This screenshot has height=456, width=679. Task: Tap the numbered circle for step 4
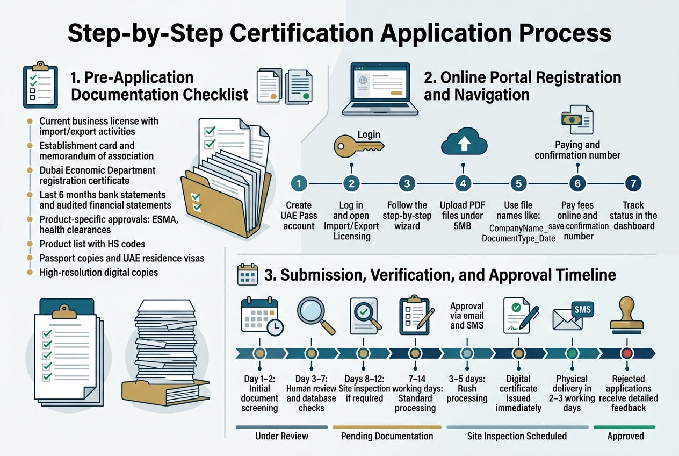(x=463, y=183)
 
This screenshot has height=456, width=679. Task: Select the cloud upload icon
(x=463, y=142)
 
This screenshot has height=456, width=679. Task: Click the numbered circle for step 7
(x=633, y=183)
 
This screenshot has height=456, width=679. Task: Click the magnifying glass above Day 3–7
(x=315, y=316)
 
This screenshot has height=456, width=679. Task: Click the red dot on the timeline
(x=627, y=353)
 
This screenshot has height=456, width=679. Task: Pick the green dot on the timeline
(x=572, y=353)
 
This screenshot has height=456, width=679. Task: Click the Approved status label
(x=625, y=436)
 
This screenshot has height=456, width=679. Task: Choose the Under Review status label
(x=282, y=436)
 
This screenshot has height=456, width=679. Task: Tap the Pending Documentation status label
(x=387, y=436)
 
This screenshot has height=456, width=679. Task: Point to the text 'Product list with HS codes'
(x=92, y=244)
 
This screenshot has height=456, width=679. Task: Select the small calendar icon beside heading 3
(x=248, y=274)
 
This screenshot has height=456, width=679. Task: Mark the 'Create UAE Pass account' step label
(x=299, y=215)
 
